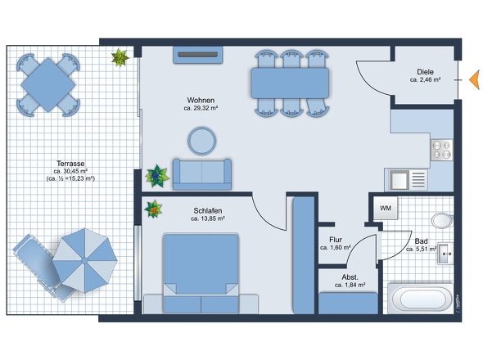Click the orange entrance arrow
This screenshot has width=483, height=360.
475,79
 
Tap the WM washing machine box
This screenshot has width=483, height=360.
386,208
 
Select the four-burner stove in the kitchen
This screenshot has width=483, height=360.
442,150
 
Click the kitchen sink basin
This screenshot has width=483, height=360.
399,180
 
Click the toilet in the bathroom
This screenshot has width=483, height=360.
442,220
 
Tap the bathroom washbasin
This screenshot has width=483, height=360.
445,254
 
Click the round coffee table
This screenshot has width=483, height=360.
201,141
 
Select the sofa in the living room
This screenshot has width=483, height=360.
202,174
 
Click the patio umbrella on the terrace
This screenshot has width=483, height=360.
84,260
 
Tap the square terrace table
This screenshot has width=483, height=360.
48,85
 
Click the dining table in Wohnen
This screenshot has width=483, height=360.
290,83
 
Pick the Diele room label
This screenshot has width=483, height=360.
425,72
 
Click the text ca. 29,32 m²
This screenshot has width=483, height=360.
201,108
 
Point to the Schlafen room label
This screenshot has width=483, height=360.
208,210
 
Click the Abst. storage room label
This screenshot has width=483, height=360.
350,277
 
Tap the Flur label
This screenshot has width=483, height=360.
336,240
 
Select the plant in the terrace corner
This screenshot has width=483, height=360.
120,57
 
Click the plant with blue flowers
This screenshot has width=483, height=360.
157,176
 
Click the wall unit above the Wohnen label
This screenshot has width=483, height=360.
198,55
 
